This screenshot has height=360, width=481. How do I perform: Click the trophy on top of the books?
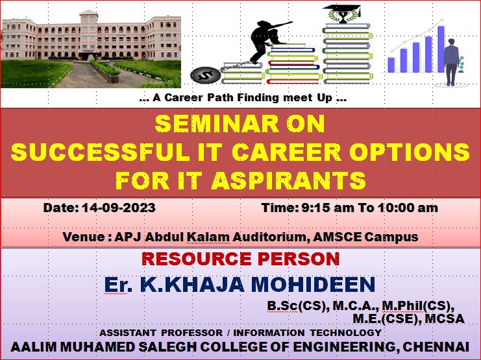[x=343, y=15]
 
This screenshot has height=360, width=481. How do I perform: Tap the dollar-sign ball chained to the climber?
[x=205, y=75]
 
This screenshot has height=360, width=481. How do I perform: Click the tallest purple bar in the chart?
[x=441, y=49]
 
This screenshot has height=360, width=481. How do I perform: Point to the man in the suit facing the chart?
[x=452, y=62]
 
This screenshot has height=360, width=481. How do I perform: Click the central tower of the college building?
[x=89, y=34]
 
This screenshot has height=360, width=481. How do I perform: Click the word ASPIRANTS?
[x=288, y=180]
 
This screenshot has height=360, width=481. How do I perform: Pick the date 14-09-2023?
[x=119, y=208]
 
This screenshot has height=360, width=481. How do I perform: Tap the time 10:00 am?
[x=408, y=208]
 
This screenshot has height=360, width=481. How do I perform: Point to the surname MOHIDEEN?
[x=313, y=284]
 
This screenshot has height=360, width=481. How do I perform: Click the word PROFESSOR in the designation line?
[x=191, y=333]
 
